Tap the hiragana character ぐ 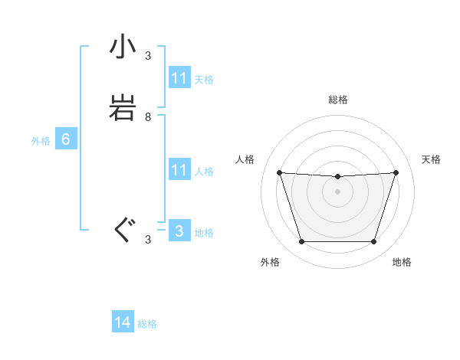pyautogui.click(x=123, y=230)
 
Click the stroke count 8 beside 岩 pyautogui.click(x=148, y=117)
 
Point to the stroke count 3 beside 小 pyautogui.click(x=148, y=56)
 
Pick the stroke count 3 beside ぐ pyautogui.click(x=148, y=240)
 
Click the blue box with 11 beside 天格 pyautogui.click(x=179, y=78)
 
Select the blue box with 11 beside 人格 pyautogui.click(x=179, y=169)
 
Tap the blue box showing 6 pyautogui.click(x=66, y=139)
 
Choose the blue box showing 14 pyautogui.click(x=123, y=322)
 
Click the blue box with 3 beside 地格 pyautogui.click(x=179, y=231)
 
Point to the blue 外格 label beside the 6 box pyautogui.click(x=41, y=141)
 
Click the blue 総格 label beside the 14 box pyautogui.click(x=147, y=324)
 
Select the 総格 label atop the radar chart pyautogui.click(x=337, y=100)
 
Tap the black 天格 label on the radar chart pyautogui.click(x=432, y=159)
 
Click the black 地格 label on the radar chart pyautogui.click(x=402, y=262)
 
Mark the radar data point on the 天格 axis pyautogui.click(x=396, y=172)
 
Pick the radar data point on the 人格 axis pyautogui.click(x=279, y=172)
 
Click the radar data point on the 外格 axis pyautogui.click(x=301, y=242)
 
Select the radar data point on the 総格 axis pyautogui.click(x=337, y=177)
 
